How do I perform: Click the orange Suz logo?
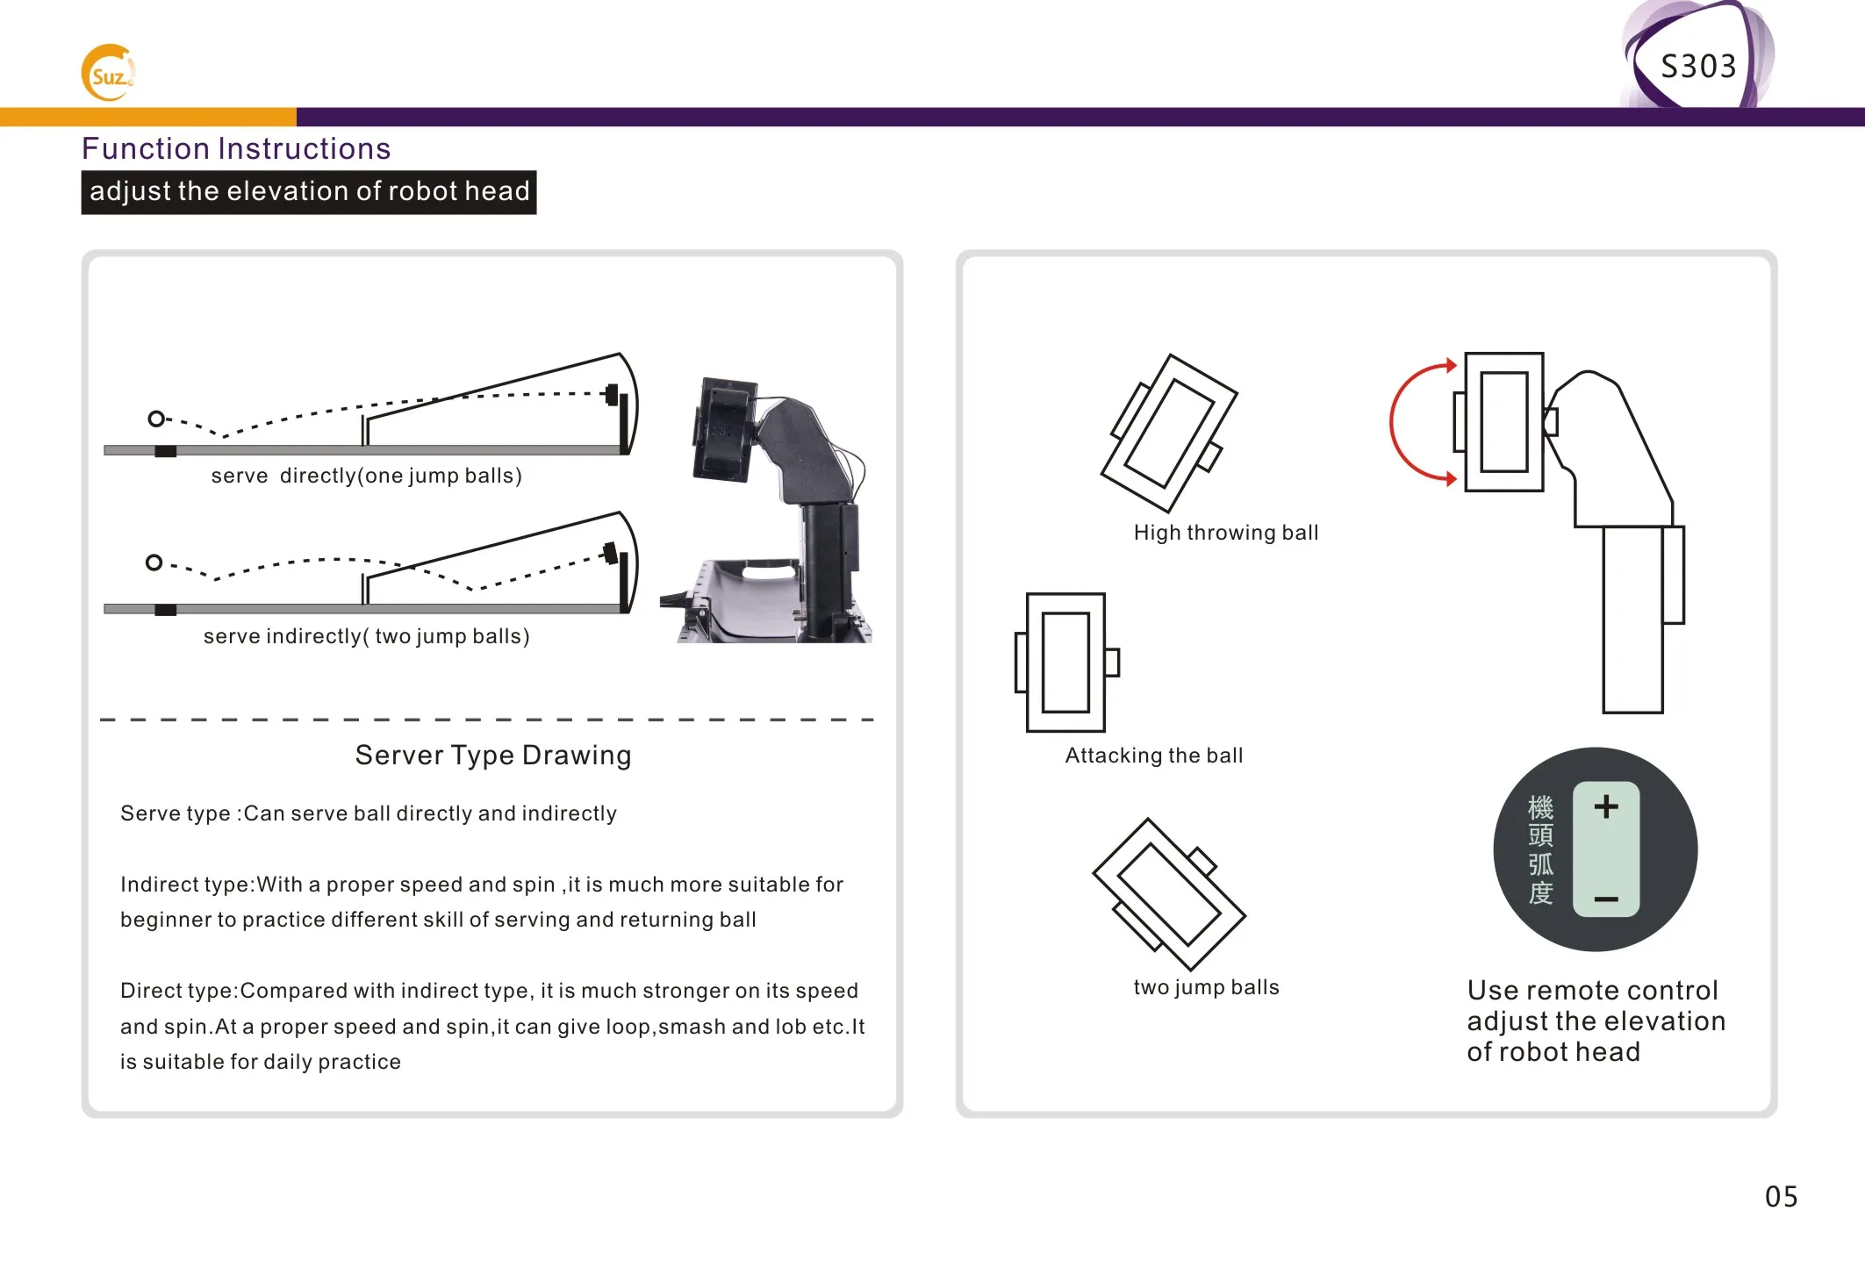pos(108,74)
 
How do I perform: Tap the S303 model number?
pos(1698,67)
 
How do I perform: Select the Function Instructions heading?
pos(236,149)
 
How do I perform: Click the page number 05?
pos(1781,1197)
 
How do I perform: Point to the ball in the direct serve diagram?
pos(156,419)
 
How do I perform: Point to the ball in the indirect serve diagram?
pos(154,562)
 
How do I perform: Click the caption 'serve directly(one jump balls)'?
pos(366,476)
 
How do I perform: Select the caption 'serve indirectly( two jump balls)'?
pos(366,636)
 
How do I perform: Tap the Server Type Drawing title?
pos(493,756)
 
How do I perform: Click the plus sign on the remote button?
pos(1605,806)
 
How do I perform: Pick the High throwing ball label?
pos(1225,533)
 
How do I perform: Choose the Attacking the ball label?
pos(1153,756)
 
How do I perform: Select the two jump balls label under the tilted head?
pos(1206,987)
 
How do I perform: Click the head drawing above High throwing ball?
pos(1169,432)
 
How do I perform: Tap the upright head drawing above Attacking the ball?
pos(1065,663)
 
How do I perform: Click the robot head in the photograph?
pos(724,430)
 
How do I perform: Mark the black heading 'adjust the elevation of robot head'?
pos(309,192)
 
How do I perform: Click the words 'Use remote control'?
pos(1592,991)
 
